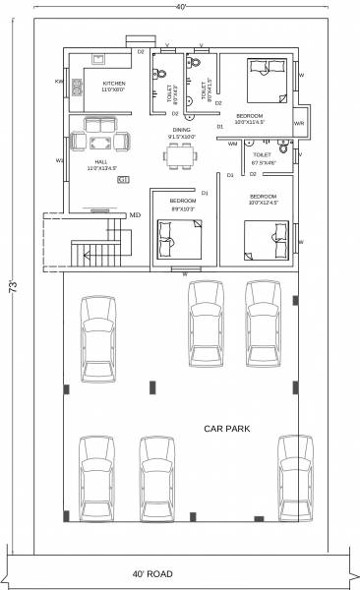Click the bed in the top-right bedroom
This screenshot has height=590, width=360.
[x=261, y=77]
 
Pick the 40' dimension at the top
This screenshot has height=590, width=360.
[x=180, y=8]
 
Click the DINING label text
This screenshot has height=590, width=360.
[x=181, y=130]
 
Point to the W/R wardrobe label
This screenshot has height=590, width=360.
[x=299, y=124]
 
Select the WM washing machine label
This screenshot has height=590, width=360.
[x=232, y=144]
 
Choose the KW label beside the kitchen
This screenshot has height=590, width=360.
[x=60, y=83]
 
